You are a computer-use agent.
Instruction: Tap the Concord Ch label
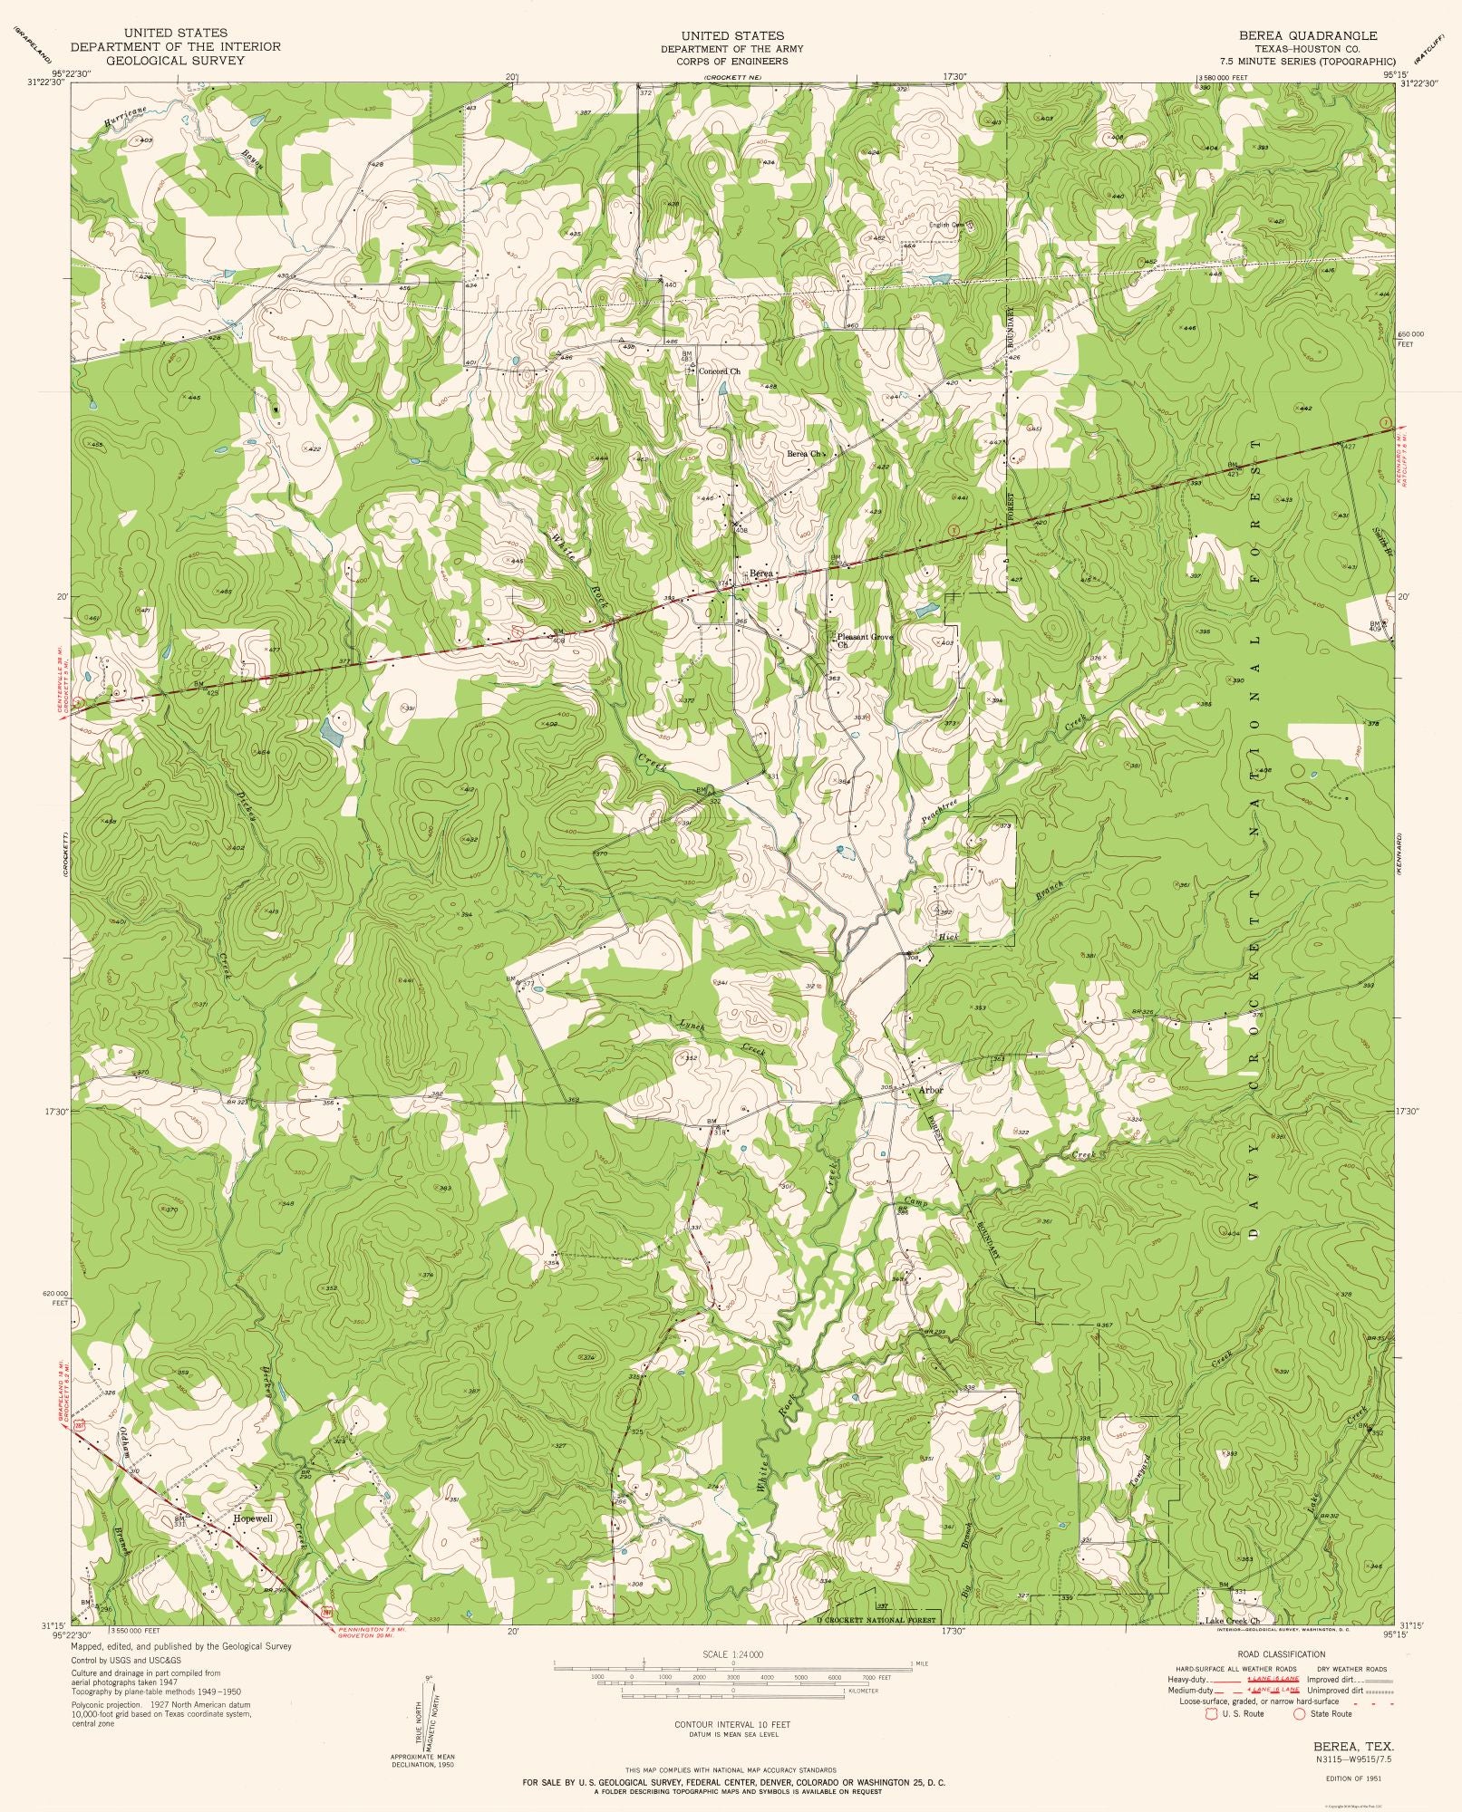pyautogui.click(x=720, y=371)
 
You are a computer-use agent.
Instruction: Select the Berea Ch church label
pyautogui.click(x=803, y=454)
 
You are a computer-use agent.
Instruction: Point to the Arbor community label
pyautogui.click(x=931, y=1090)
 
